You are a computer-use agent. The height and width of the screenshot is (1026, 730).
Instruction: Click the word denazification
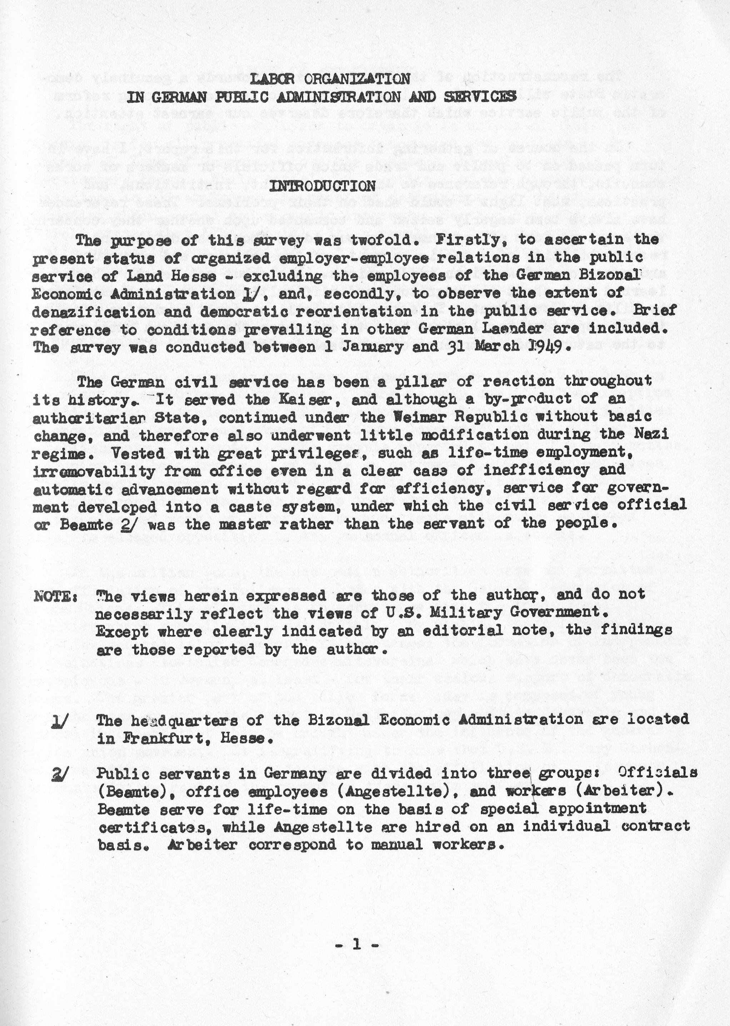pos(90,312)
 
